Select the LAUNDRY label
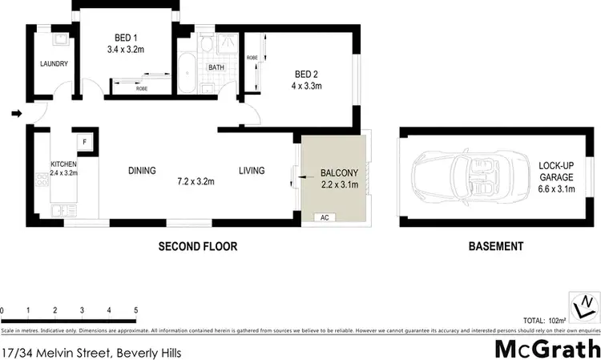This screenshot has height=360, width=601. tap(54, 64)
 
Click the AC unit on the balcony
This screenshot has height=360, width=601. tap(324, 216)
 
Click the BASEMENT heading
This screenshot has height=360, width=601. tap(495, 246)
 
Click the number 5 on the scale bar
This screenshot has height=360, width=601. tap(136, 309)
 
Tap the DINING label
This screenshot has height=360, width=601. tap(142, 171)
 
